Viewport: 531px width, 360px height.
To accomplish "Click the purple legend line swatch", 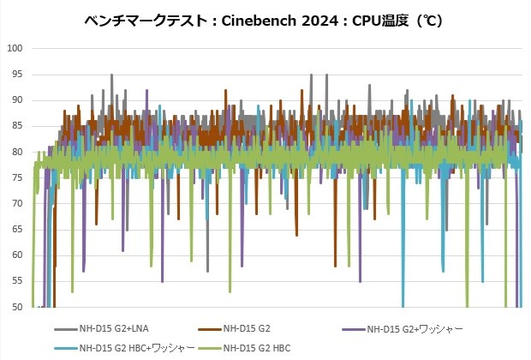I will click(353, 328).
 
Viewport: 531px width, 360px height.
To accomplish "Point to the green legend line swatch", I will click(209, 348).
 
